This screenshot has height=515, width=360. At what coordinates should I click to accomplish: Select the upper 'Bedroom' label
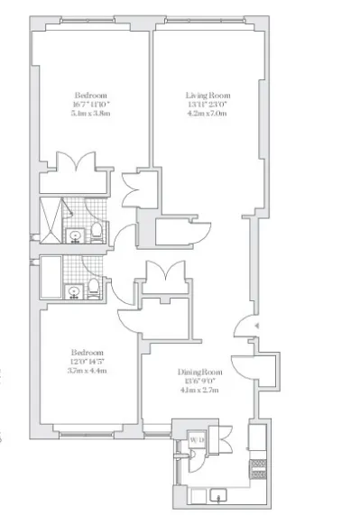tap(91, 95)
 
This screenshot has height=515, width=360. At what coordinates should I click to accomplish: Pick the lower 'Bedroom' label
tap(88, 352)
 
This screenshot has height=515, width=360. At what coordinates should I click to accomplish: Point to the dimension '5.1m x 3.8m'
tap(91, 115)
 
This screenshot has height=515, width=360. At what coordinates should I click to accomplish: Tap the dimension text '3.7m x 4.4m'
tap(88, 371)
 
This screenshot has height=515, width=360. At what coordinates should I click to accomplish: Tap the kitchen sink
tap(219, 494)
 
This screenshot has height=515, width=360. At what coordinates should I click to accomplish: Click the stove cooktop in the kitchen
tap(257, 466)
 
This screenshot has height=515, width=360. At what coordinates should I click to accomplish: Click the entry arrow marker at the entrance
tap(256, 326)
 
